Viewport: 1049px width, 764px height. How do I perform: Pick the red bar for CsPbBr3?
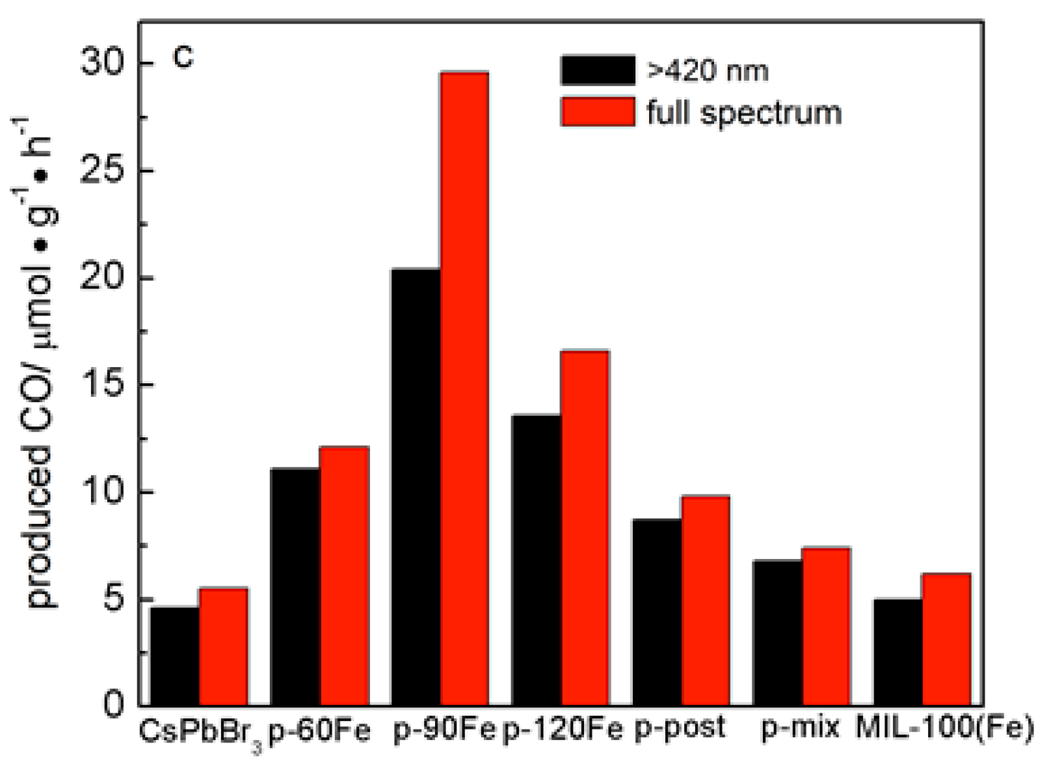[223, 647]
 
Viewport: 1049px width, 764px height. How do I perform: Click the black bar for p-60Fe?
[295, 586]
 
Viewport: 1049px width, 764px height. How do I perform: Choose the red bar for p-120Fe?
[585, 528]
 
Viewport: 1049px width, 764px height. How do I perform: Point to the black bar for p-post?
[657, 612]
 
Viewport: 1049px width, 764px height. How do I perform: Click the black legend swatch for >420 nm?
[598, 70]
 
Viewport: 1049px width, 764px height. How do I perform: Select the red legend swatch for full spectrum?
[598, 111]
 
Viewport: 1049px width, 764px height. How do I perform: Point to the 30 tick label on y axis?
[103, 63]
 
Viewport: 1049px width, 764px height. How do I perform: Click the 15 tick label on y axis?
[103, 385]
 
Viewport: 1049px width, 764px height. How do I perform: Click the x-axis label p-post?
[680, 728]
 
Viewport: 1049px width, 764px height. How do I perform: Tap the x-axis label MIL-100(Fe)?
[944, 728]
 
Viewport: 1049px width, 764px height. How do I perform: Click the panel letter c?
[182, 57]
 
